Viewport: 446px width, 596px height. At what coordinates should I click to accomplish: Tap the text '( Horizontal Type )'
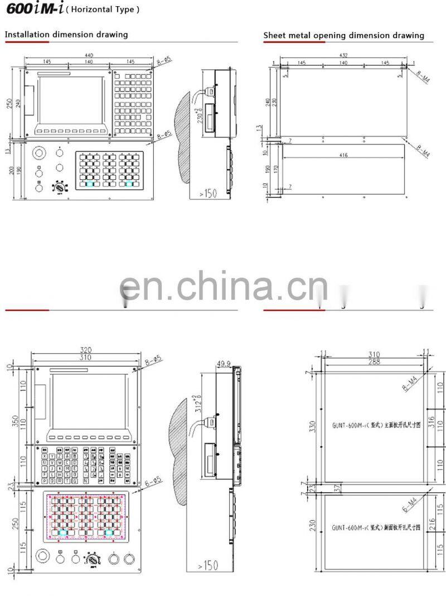[103, 10]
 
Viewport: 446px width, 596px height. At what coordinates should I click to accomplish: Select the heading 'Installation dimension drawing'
[66, 35]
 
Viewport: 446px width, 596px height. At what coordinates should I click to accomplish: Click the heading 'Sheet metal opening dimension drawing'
[343, 36]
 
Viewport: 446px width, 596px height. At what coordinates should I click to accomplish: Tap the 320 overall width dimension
[85, 350]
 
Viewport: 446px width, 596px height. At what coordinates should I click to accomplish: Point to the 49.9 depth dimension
[224, 364]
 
